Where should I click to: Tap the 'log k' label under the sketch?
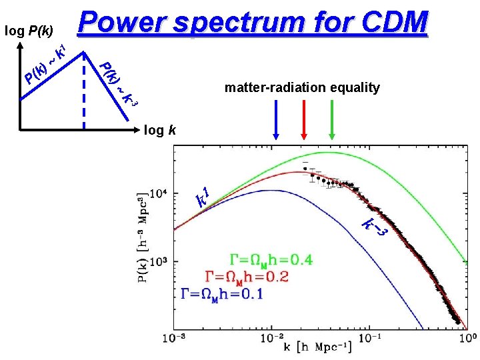[x=161, y=130]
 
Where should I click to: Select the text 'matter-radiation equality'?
[x=302, y=87]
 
